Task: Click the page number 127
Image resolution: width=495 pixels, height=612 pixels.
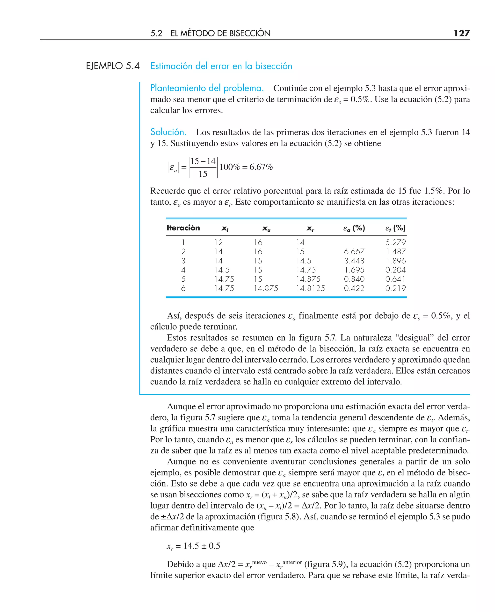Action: point(462,33)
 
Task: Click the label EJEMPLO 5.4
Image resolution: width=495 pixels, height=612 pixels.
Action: point(113,66)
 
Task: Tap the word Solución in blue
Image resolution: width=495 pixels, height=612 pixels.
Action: point(168,132)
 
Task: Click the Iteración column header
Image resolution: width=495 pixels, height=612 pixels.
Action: point(183,228)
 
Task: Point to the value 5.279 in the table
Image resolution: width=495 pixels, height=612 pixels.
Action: point(395,242)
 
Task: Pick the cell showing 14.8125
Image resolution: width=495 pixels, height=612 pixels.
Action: point(310,288)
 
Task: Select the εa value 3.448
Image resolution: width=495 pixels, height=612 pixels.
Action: point(354,261)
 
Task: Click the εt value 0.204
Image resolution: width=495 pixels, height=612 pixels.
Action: point(395,270)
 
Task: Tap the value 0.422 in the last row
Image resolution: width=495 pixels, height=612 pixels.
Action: point(354,288)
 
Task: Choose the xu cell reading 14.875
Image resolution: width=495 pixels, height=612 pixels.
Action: point(266,288)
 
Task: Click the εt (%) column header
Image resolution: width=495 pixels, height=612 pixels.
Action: point(395,228)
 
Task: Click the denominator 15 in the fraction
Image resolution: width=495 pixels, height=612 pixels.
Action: point(203,174)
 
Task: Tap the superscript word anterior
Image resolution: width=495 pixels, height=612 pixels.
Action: point(292,562)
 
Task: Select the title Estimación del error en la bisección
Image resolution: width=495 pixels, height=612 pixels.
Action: point(221,66)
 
